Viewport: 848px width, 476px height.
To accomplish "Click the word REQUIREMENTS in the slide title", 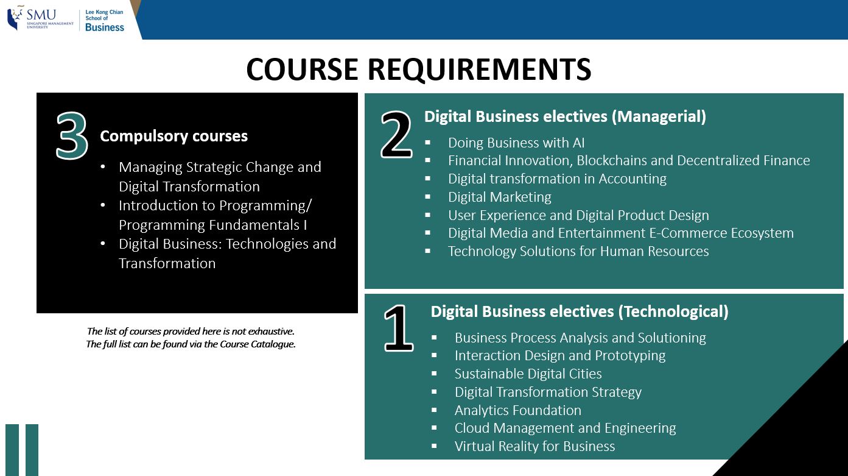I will [479, 69].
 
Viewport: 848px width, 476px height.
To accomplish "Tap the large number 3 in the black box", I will [72, 137].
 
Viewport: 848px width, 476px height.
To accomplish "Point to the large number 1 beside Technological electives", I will [399, 330].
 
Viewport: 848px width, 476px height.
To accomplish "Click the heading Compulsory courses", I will [173, 136].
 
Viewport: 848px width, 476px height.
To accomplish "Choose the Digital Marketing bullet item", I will [499, 197].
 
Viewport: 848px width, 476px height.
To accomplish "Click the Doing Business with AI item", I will [516, 143].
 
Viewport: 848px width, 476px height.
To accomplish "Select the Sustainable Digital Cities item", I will [528, 374].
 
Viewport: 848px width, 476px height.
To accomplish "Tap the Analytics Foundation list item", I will [517, 410].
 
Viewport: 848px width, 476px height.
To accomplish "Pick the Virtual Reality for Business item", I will [534, 446].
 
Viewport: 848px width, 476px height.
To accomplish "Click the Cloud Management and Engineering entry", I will [565, 428].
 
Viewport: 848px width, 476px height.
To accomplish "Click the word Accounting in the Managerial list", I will [632, 179].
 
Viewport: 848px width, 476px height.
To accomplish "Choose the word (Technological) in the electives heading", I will [673, 311].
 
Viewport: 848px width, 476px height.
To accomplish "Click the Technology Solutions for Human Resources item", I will [578, 251].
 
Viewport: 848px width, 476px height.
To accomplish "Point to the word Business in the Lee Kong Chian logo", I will [105, 27].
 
